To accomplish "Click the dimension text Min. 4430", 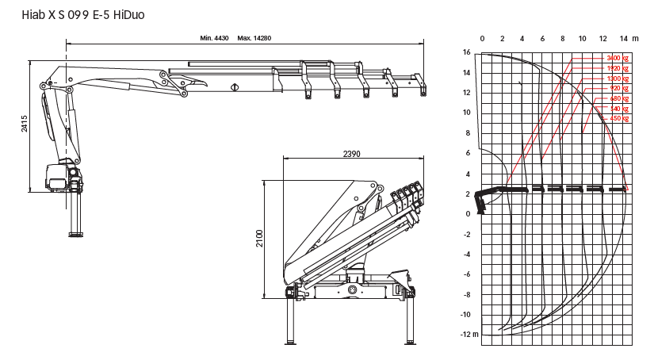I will pos(214,39).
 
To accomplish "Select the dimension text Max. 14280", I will pos(254,39).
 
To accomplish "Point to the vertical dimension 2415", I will pos(25,124).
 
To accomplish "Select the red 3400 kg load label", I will pos(617,59).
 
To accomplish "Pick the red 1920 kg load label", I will pos(617,69).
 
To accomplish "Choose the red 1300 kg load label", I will pos(617,79).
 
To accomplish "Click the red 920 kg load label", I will pos(618,89).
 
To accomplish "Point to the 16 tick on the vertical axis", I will pos(467,52).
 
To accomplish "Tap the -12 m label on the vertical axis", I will pos(470,335).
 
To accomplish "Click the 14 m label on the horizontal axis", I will pos(629,39).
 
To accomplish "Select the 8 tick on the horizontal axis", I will pos(562,39).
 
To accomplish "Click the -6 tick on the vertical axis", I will pos(467,274).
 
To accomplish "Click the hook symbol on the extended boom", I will pos(235,87).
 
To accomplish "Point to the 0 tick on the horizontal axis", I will pos(482,39).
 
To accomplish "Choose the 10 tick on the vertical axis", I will pos(467,113).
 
